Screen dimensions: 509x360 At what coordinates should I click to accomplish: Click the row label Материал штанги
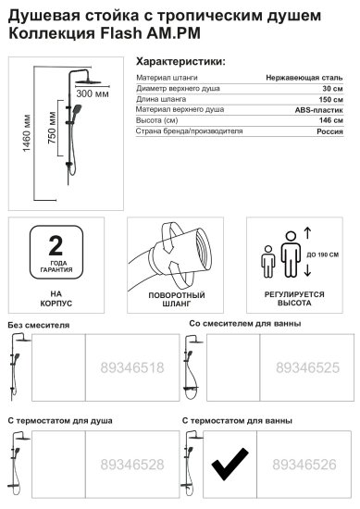point(166,80)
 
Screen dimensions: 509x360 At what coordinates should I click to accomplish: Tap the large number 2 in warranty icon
point(56,244)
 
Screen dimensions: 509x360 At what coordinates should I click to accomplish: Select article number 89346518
point(130,367)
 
